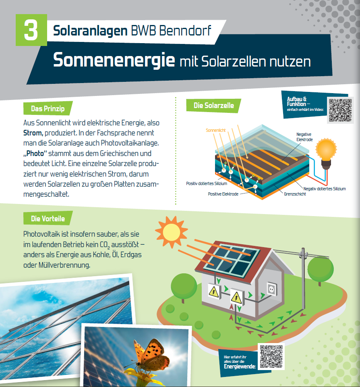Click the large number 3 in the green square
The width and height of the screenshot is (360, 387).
[x=31, y=30]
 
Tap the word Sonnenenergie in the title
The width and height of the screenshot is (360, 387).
[x=114, y=60]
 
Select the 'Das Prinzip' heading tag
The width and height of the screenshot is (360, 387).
[x=48, y=108]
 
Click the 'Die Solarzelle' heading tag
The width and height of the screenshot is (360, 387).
[x=213, y=106]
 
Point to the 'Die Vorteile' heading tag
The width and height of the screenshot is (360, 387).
[x=48, y=218]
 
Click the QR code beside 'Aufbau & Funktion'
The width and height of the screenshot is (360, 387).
[x=340, y=110]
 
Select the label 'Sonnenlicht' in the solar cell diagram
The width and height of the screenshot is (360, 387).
[x=215, y=130]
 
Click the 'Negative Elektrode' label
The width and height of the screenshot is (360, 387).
[x=304, y=137]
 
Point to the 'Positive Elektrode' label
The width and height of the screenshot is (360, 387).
[x=223, y=194]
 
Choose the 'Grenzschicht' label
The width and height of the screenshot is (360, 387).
[x=295, y=194]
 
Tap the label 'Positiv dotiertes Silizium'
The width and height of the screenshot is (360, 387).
[x=207, y=183]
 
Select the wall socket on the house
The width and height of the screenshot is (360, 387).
[x=272, y=289]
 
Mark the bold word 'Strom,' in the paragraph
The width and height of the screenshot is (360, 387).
[x=33, y=133]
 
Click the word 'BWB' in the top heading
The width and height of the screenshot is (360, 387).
[x=143, y=31]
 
